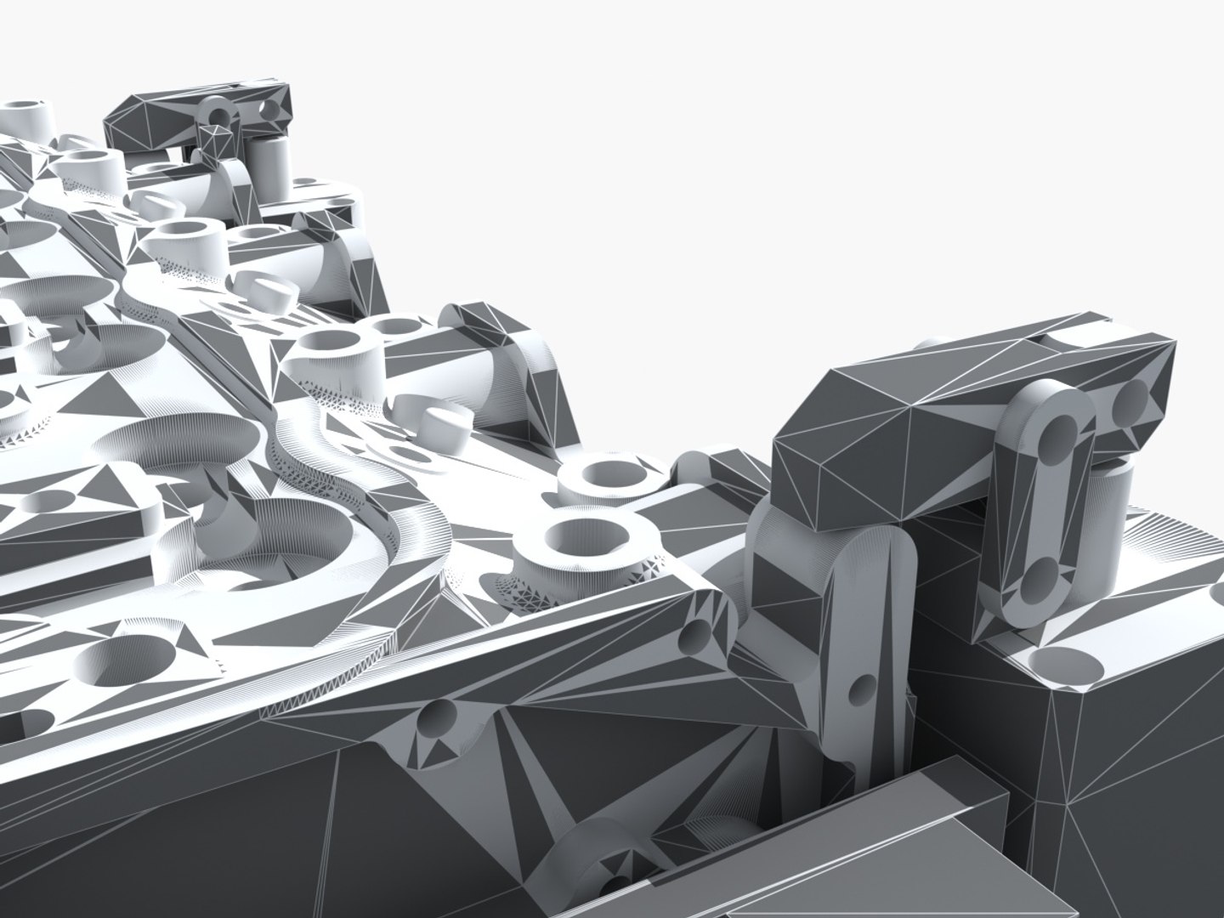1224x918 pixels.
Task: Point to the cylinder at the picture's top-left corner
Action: (25, 114)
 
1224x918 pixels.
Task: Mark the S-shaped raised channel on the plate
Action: (331, 476)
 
